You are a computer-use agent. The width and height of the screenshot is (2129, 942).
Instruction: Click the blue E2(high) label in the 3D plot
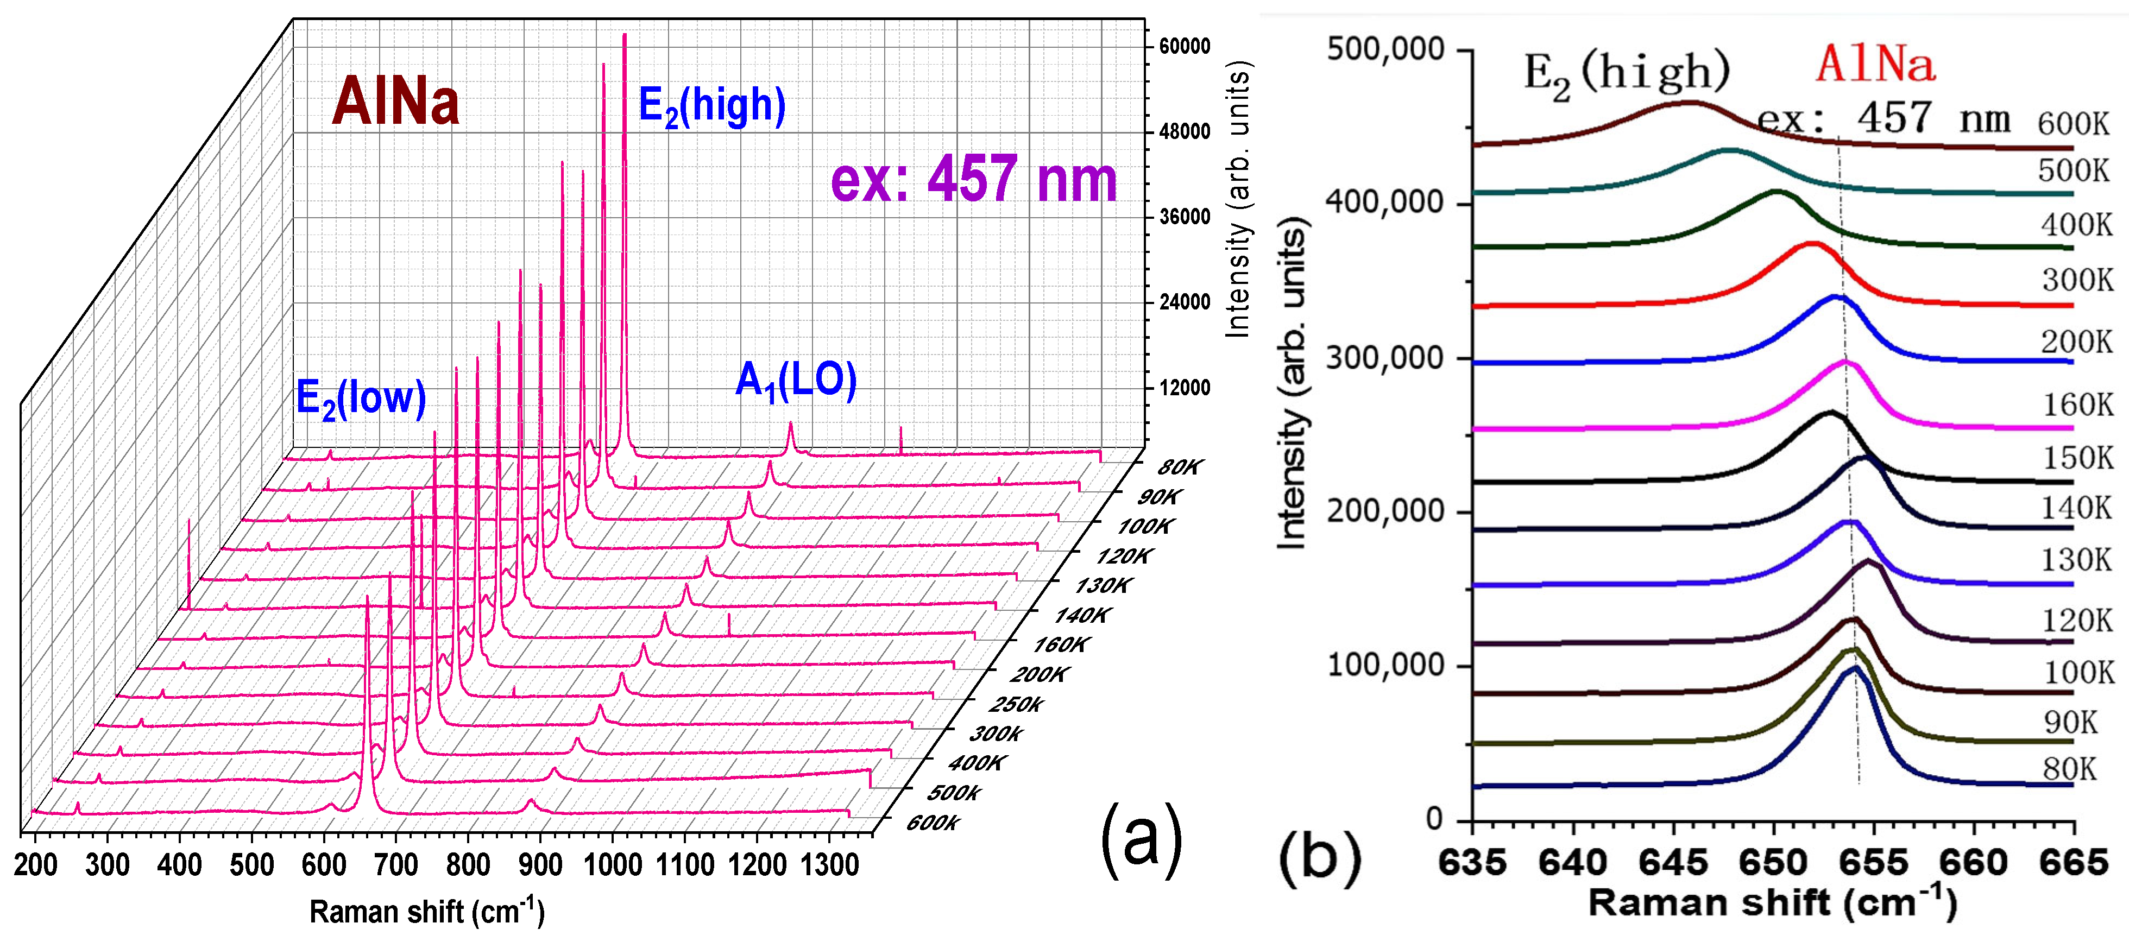click(711, 106)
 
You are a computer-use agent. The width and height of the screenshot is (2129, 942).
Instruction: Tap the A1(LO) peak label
click(795, 382)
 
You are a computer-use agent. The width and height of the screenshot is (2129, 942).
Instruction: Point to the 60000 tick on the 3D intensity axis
click(1183, 46)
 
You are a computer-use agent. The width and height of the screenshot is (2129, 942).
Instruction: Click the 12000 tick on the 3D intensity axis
click(1183, 388)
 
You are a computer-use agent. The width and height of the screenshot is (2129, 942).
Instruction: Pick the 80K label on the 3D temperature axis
click(1180, 467)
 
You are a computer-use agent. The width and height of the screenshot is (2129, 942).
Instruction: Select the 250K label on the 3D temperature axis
click(1016, 705)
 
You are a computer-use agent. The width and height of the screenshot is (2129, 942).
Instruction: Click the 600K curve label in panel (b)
click(2073, 124)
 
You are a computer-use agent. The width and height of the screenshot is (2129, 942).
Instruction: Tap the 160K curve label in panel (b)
click(2077, 405)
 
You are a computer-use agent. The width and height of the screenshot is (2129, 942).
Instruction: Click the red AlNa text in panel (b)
click(1874, 65)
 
